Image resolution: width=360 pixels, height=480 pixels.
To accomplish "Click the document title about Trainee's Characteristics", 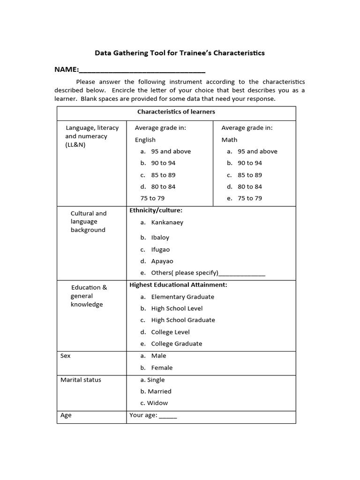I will pyautogui.click(x=180, y=53).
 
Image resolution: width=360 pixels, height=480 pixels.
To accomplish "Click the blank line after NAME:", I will pyautogui.click(x=142, y=70).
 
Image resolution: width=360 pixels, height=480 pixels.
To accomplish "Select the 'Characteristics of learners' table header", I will pyautogui.click(x=176, y=112).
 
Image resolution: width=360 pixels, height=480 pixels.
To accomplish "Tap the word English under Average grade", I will pyautogui.click(x=145, y=140).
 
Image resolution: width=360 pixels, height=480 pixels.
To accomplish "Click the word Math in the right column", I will pyautogui.click(x=229, y=140).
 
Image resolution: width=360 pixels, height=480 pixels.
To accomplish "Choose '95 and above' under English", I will pyautogui.click(x=171, y=151).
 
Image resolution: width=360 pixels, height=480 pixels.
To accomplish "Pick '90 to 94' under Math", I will pyautogui.click(x=249, y=163).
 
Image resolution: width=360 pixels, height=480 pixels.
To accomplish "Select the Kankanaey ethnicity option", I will pyautogui.click(x=167, y=223).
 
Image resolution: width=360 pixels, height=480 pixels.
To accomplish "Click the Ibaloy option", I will pyautogui.click(x=160, y=238).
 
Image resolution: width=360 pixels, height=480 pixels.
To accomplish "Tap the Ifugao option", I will pyautogui.click(x=160, y=250).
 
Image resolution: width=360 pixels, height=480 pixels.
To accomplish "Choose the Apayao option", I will pyautogui.click(x=162, y=262).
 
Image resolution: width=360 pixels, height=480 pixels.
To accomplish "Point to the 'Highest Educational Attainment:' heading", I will pyautogui.click(x=178, y=285).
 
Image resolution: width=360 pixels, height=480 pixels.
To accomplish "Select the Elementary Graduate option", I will pyautogui.click(x=182, y=297).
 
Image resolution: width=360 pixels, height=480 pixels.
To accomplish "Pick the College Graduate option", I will pyautogui.click(x=176, y=344).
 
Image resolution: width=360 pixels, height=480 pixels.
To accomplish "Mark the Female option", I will pyautogui.click(x=162, y=368).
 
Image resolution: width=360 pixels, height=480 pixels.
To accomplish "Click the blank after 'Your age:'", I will pyautogui.click(x=168, y=416).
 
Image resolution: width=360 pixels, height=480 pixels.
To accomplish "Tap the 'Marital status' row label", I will pyautogui.click(x=81, y=380).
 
